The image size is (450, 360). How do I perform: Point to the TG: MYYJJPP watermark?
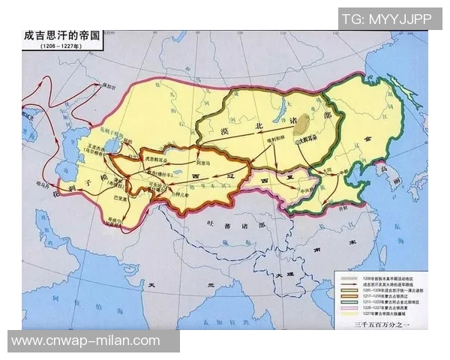click(389, 17)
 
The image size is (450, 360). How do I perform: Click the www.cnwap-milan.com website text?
click(86, 340)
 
